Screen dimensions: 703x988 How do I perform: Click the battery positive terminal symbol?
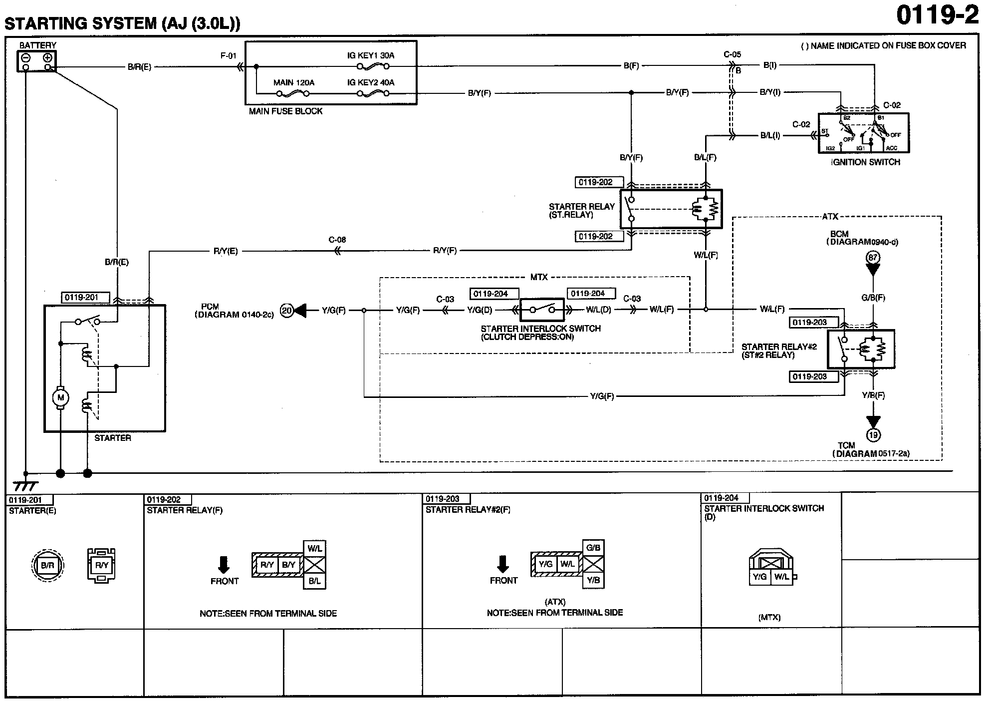[48, 57]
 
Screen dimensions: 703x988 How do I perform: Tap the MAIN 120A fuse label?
[294, 82]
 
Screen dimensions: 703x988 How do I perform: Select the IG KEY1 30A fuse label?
[371, 55]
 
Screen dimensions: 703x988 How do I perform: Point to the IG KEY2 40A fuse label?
[371, 82]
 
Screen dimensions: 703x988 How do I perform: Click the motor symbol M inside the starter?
[61, 397]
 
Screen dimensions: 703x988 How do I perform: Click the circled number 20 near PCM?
[287, 310]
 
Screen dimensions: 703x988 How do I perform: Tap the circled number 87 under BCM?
[873, 258]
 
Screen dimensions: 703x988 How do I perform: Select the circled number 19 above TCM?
[873, 435]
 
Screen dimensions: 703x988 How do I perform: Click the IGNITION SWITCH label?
[866, 162]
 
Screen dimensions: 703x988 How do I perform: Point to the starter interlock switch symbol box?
[542, 310]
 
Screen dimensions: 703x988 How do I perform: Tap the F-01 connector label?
[229, 56]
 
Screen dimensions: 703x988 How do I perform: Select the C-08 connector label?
[337, 240]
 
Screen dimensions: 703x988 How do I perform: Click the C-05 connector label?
[733, 54]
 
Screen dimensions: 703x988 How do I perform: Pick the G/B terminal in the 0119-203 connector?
[593, 548]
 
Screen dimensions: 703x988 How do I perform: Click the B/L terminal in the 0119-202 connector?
[314, 581]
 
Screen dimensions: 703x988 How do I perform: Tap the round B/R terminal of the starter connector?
[47, 565]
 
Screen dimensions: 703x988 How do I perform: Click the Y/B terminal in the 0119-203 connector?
[593, 581]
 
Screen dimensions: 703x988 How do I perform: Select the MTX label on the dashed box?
[539, 277]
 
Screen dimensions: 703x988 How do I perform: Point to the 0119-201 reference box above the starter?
[85, 298]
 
